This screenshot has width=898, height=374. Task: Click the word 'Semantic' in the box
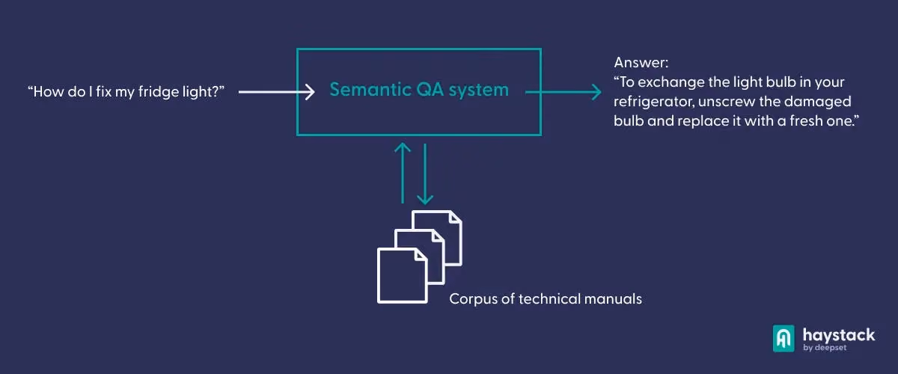point(369,90)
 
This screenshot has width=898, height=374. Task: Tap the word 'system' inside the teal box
point(479,91)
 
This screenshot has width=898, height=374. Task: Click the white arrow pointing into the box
point(276,92)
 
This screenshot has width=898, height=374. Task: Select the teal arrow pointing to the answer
point(563,92)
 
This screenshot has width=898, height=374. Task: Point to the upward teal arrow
point(403,174)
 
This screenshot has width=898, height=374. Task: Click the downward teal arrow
point(425,174)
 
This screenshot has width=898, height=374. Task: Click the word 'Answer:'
point(641,63)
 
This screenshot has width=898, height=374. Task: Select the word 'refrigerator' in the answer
point(653,102)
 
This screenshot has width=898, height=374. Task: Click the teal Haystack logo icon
point(784,339)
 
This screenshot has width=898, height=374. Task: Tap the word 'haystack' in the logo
point(839,334)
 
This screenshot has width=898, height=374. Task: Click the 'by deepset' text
point(825,348)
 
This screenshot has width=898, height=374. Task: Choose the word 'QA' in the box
point(430,90)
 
